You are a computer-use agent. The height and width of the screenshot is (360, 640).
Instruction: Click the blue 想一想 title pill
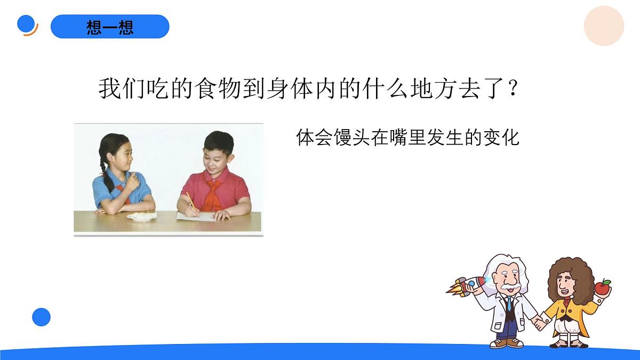click(110, 27)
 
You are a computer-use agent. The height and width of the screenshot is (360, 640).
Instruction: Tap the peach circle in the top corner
click(604, 26)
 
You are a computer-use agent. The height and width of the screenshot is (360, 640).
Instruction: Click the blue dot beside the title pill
click(27, 24)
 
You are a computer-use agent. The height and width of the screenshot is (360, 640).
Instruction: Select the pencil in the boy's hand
click(190, 203)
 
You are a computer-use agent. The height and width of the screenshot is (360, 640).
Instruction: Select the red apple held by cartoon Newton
click(603, 287)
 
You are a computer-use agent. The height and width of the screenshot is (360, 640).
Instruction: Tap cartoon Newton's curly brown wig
click(572, 277)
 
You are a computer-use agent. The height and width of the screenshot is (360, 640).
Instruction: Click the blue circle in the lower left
click(41, 317)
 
